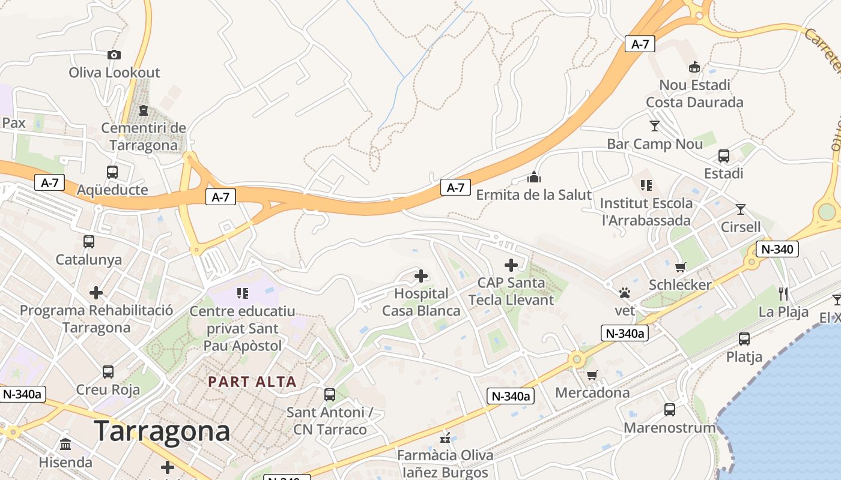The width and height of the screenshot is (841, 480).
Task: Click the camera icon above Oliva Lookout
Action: (114, 55)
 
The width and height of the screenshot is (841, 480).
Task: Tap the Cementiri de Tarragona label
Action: (144, 137)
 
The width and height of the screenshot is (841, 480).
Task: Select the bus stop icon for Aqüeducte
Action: (112, 172)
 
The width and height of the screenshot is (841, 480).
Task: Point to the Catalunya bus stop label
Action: (88, 260)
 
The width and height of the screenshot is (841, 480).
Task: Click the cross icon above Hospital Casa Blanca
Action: (421, 276)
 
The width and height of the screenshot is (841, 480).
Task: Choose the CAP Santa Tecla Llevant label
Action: (511, 291)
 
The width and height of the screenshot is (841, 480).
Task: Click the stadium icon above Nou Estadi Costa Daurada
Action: (694, 67)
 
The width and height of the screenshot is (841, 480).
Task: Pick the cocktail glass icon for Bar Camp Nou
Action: (654, 126)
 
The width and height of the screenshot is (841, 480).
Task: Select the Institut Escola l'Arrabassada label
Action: (646, 212)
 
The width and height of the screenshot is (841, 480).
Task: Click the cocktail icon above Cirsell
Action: (741, 209)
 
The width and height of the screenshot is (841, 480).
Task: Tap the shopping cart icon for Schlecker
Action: (680, 267)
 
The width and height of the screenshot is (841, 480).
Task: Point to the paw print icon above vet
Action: (625, 293)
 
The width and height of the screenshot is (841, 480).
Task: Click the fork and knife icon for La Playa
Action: (783, 293)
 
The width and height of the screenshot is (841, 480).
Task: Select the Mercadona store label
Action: (592, 393)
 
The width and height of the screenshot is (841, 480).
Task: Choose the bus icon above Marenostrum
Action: (670, 410)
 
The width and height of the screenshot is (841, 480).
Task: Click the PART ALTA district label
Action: (252, 382)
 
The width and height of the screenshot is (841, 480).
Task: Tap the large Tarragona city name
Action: (162, 431)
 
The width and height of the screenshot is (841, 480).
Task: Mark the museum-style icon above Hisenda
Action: (65, 445)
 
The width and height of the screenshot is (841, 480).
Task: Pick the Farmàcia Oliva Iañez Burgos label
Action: (445, 464)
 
